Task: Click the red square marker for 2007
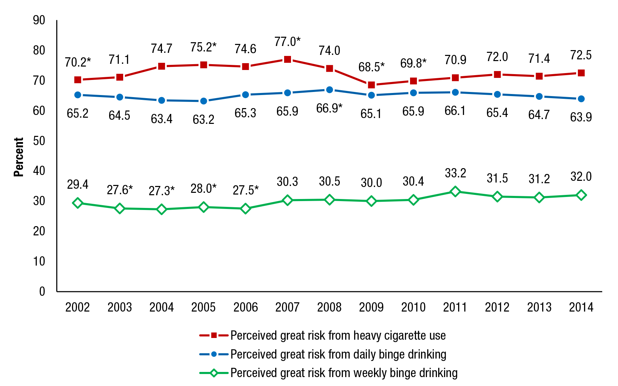click(288, 60)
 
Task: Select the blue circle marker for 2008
click(329, 90)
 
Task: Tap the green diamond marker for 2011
click(455, 191)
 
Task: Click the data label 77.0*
click(288, 42)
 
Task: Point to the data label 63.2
click(203, 119)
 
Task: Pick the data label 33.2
click(455, 173)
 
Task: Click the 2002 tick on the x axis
click(78, 307)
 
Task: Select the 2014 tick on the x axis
click(581, 307)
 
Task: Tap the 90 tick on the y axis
click(39, 20)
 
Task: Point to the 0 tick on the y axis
click(42, 291)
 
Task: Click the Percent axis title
click(19, 157)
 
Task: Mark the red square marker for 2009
click(371, 85)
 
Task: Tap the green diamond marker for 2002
click(78, 203)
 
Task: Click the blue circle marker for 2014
click(581, 99)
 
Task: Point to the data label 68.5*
click(371, 67)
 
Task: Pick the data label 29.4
click(78, 185)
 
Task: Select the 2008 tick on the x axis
click(329, 307)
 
